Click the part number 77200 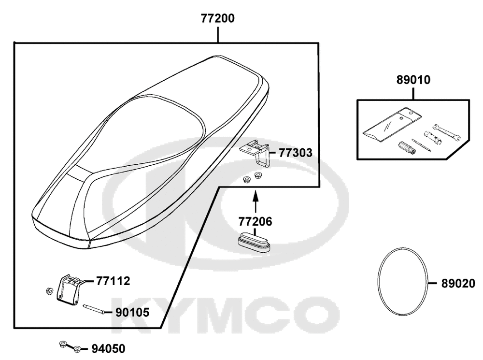(218, 18)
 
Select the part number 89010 (413, 80)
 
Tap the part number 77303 (296, 153)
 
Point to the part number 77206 (256, 221)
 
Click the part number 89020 (458, 284)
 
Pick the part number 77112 (113, 281)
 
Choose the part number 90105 (132, 313)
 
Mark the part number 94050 (108, 349)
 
